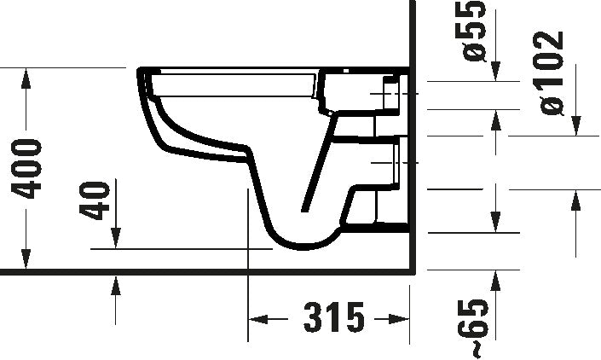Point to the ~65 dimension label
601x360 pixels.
point(479,327)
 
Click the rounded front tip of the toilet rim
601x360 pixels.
point(138,75)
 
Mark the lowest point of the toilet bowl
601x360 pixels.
point(303,248)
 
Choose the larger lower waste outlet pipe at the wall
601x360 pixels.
point(394,162)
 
